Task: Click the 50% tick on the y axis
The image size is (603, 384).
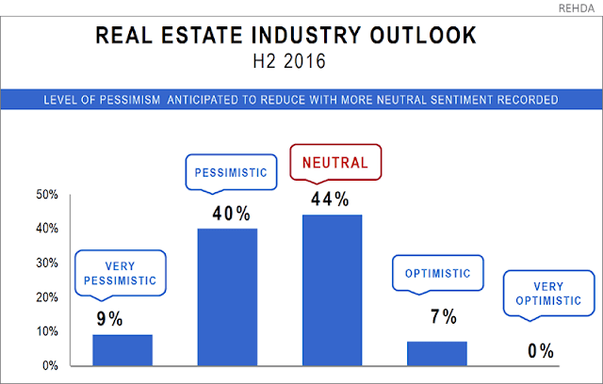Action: [21, 195]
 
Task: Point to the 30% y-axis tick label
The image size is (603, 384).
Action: [21, 263]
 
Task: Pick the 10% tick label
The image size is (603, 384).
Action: [21, 331]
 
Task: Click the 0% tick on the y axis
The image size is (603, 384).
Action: [24, 365]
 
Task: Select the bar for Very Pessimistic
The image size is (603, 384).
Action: [122, 349]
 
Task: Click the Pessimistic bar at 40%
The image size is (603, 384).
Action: [227, 296]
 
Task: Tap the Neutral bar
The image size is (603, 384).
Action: [332, 289]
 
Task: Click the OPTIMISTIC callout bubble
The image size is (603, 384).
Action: [437, 275]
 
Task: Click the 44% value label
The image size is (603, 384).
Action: [331, 200]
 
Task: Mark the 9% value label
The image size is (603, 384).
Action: [109, 319]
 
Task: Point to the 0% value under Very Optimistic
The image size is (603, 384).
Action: [540, 351]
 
